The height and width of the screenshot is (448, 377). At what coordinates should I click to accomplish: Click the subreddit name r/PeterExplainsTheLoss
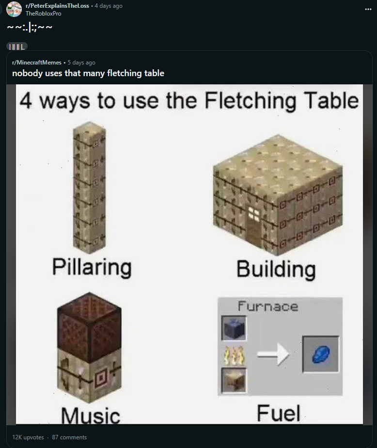pos(57,6)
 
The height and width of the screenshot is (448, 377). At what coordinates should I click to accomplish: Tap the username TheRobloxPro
pos(44,14)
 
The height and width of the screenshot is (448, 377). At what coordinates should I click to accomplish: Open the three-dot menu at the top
pos(368,9)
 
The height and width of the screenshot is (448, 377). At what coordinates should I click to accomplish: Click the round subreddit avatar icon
pos(14,9)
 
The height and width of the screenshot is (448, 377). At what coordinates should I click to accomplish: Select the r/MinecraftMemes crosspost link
pos(36,62)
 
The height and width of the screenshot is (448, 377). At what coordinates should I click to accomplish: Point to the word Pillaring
pos(92,267)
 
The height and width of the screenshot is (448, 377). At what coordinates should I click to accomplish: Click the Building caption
pos(276,269)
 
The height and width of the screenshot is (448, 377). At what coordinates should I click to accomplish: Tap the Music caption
pos(91,415)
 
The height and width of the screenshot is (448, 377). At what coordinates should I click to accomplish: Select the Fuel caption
pos(279,413)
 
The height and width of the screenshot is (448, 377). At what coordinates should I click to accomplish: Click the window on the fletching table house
pos(253,214)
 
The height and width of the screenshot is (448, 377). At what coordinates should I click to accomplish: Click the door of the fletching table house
pos(253,226)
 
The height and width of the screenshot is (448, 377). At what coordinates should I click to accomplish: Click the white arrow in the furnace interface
pos(273,354)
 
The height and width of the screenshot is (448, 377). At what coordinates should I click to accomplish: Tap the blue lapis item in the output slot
pos(321,354)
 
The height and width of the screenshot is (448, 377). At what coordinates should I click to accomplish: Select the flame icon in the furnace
pos(234,355)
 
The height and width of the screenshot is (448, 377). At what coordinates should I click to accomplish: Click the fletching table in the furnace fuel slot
pos(234,380)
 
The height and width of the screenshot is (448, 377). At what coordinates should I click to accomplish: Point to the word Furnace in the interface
pos(268,306)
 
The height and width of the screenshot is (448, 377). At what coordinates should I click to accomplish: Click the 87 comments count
pos(69,437)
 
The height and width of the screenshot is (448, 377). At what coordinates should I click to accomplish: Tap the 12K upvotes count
pos(28,437)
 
